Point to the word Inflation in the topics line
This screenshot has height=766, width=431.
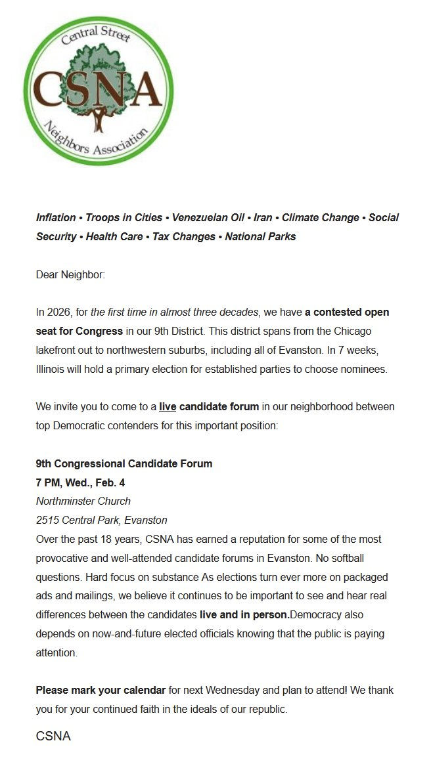(x=56, y=217)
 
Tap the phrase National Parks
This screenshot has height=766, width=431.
(x=260, y=236)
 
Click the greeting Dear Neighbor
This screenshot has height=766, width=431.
(x=70, y=274)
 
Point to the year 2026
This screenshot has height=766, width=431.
(x=60, y=312)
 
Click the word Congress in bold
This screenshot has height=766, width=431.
(x=99, y=331)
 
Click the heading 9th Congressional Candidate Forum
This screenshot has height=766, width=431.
(x=124, y=463)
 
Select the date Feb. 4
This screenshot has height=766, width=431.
(x=110, y=482)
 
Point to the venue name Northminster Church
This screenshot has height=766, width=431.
(x=83, y=501)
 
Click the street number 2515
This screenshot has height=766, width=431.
(x=49, y=520)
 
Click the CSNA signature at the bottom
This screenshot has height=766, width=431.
(x=53, y=736)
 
